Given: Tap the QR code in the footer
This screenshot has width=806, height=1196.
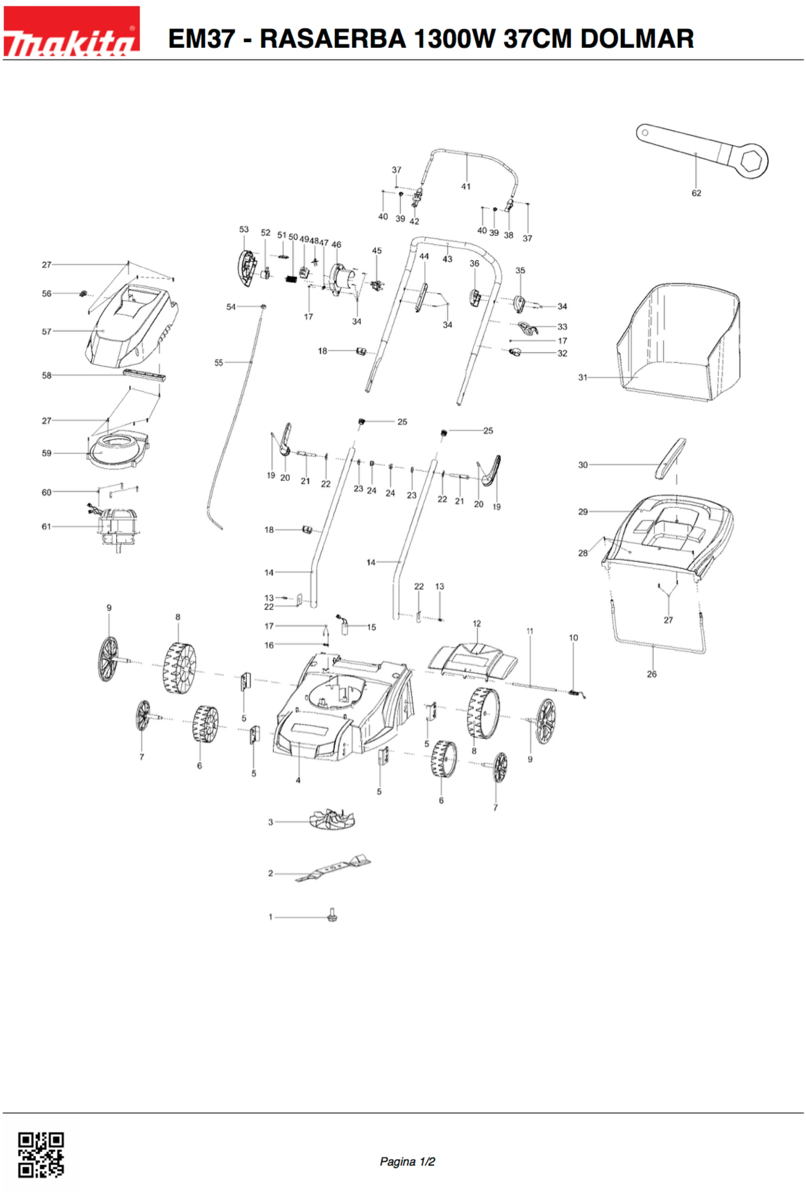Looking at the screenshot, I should coord(41,1154).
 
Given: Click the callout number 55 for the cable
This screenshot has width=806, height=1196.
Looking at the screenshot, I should coord(219,363).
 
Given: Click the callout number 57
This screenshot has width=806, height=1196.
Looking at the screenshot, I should coord(46,332).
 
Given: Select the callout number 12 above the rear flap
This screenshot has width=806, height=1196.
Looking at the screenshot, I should coord(477,624).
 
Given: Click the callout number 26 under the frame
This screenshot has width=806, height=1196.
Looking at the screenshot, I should coord(651,674).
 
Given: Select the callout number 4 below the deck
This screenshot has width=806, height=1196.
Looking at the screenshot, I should coord(298,780).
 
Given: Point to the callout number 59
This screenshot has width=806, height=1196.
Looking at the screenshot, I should coord(46,453).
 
